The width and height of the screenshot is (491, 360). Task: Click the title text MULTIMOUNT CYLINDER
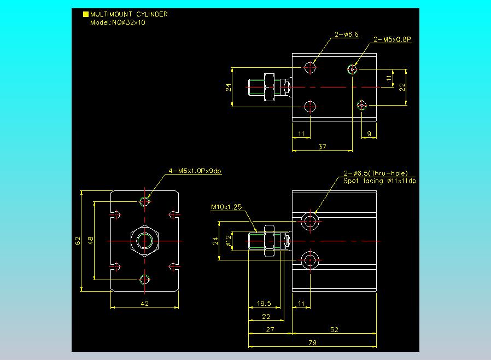128,15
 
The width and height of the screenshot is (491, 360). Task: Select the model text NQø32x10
118,22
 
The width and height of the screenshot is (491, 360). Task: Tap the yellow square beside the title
85,15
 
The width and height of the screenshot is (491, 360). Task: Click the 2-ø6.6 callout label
347,34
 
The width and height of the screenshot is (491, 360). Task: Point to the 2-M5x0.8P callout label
392,39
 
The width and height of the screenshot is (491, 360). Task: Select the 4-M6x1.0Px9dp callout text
195,171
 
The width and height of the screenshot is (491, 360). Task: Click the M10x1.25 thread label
226,207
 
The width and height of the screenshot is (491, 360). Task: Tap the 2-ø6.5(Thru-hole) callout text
376,173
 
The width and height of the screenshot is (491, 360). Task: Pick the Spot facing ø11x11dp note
379,181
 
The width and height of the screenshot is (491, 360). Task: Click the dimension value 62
78,240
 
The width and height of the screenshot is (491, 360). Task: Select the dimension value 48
91,240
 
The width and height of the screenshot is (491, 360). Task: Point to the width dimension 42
145,303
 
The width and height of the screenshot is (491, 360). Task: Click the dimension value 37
322,146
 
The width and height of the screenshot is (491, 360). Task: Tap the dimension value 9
369,133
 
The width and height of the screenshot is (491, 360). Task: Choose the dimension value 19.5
264,303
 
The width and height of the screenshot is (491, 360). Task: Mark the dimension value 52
335,329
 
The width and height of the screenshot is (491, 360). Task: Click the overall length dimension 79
312,342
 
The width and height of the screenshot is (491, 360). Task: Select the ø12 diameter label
227,240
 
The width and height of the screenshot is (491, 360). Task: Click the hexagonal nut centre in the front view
145,240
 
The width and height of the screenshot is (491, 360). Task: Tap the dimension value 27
270,329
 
